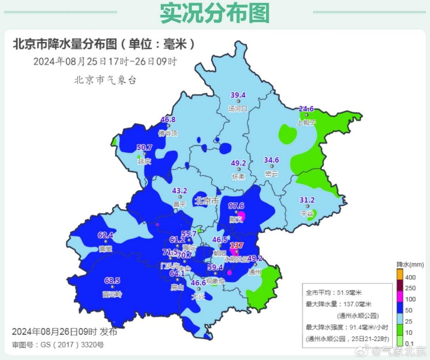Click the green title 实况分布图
[x=214, y=13]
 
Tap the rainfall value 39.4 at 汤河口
[x=237, y=95]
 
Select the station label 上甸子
[x=307, y=123]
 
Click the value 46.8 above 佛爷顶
[x=168, y=119]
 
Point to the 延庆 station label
[x=144, y=162]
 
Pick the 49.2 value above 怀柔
[x=238, y=163]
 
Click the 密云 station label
[x=271, y=174]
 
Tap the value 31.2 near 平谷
[x=307, y=199]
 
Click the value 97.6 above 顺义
[x=236, y=205]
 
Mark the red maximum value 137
[x=236, y=245]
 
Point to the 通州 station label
[x=254, y=272]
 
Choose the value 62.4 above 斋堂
[x=105, y=235]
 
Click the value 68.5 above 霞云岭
[x=112, y=281]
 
